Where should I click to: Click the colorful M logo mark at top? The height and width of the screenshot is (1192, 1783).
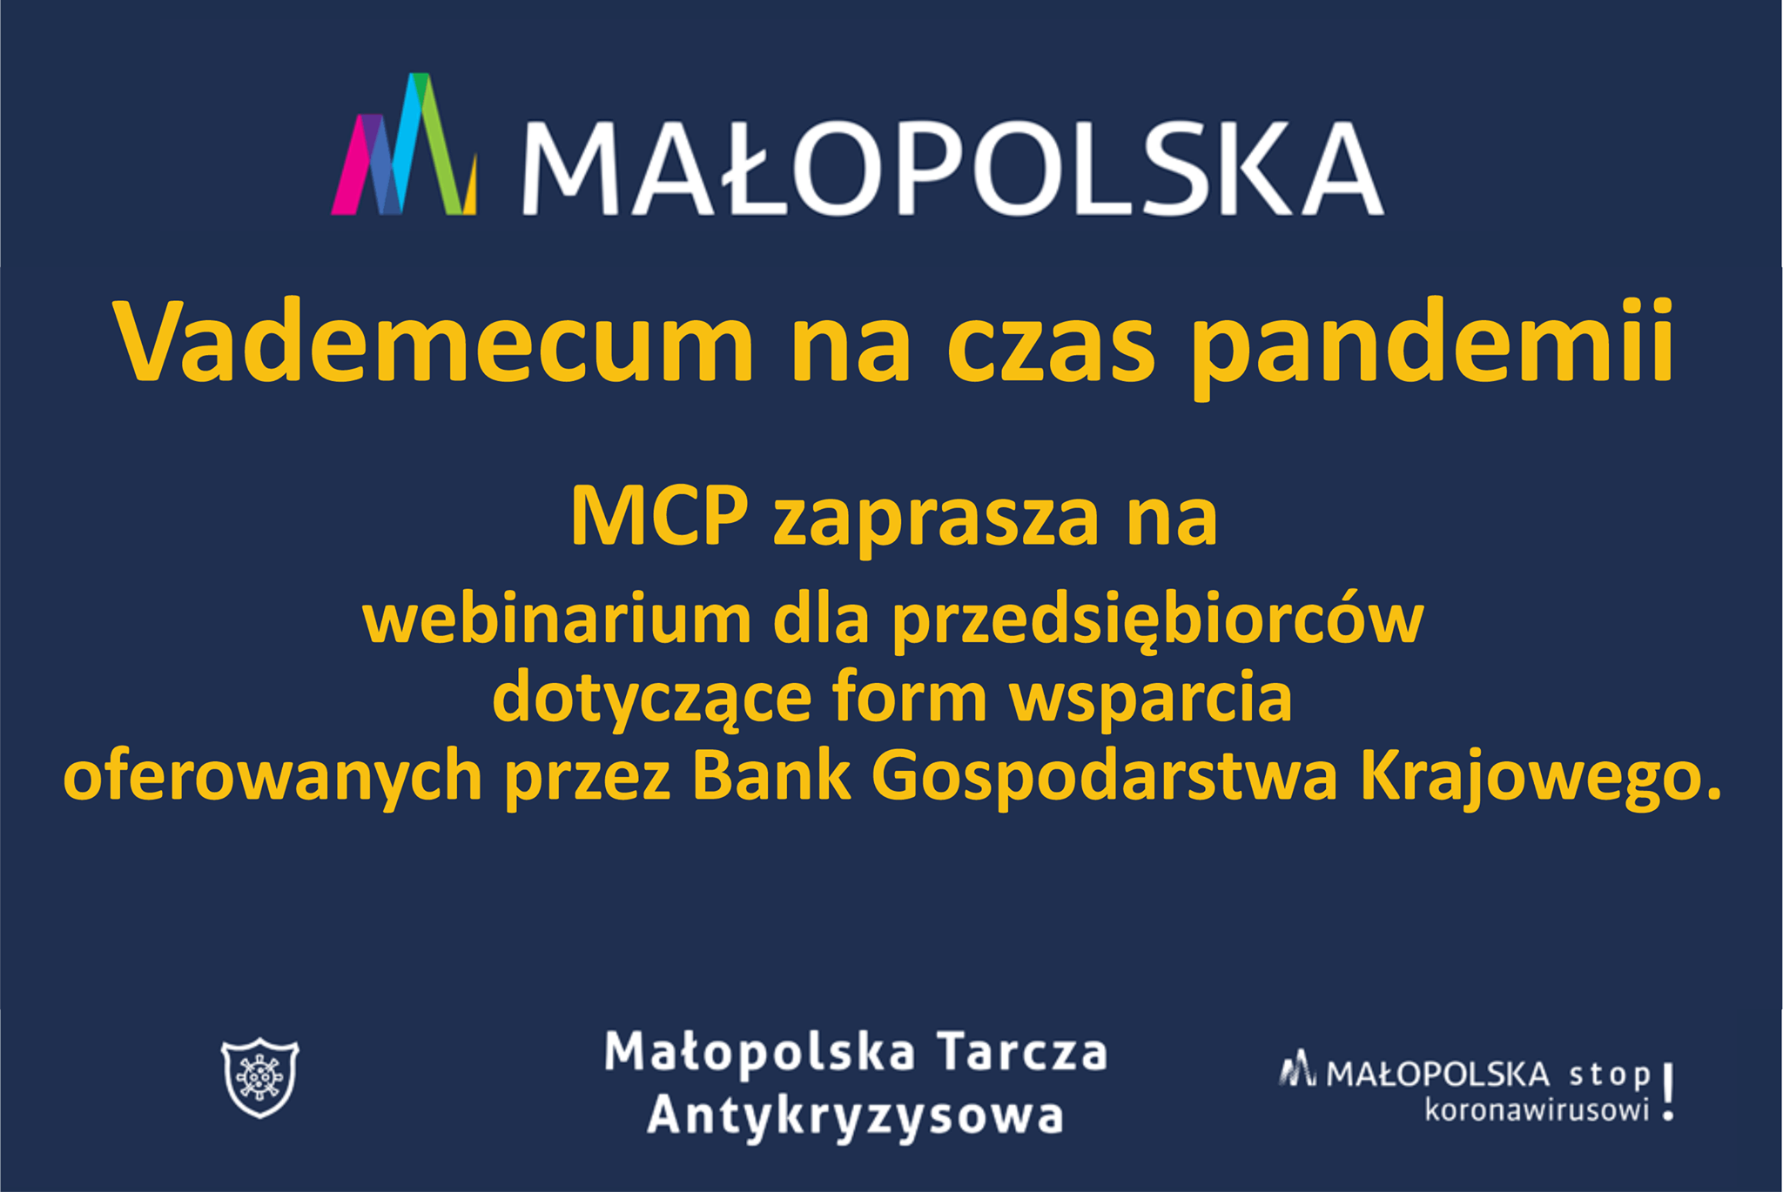(404, 144)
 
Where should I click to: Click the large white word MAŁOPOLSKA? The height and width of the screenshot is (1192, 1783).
(952, 168)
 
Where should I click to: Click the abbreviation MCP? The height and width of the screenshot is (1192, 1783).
(659, 516)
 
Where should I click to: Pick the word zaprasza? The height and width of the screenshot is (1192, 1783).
(936, 523)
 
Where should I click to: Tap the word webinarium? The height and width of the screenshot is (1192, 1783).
(557, 619)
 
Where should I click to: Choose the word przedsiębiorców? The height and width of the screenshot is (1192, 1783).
(1158, 622)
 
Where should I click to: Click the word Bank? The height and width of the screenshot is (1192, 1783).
(770, 774)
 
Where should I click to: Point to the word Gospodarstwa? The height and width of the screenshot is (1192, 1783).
(1104, 777)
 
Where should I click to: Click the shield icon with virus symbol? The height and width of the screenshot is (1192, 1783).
(259, 1077)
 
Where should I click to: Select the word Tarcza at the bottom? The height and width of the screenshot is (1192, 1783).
(1022, 1051)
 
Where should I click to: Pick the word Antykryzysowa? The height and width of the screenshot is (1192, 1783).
(855, 1116)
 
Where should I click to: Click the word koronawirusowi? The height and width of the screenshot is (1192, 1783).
(1537, 1110)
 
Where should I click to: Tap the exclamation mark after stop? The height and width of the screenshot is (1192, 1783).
(1667, 1092)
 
